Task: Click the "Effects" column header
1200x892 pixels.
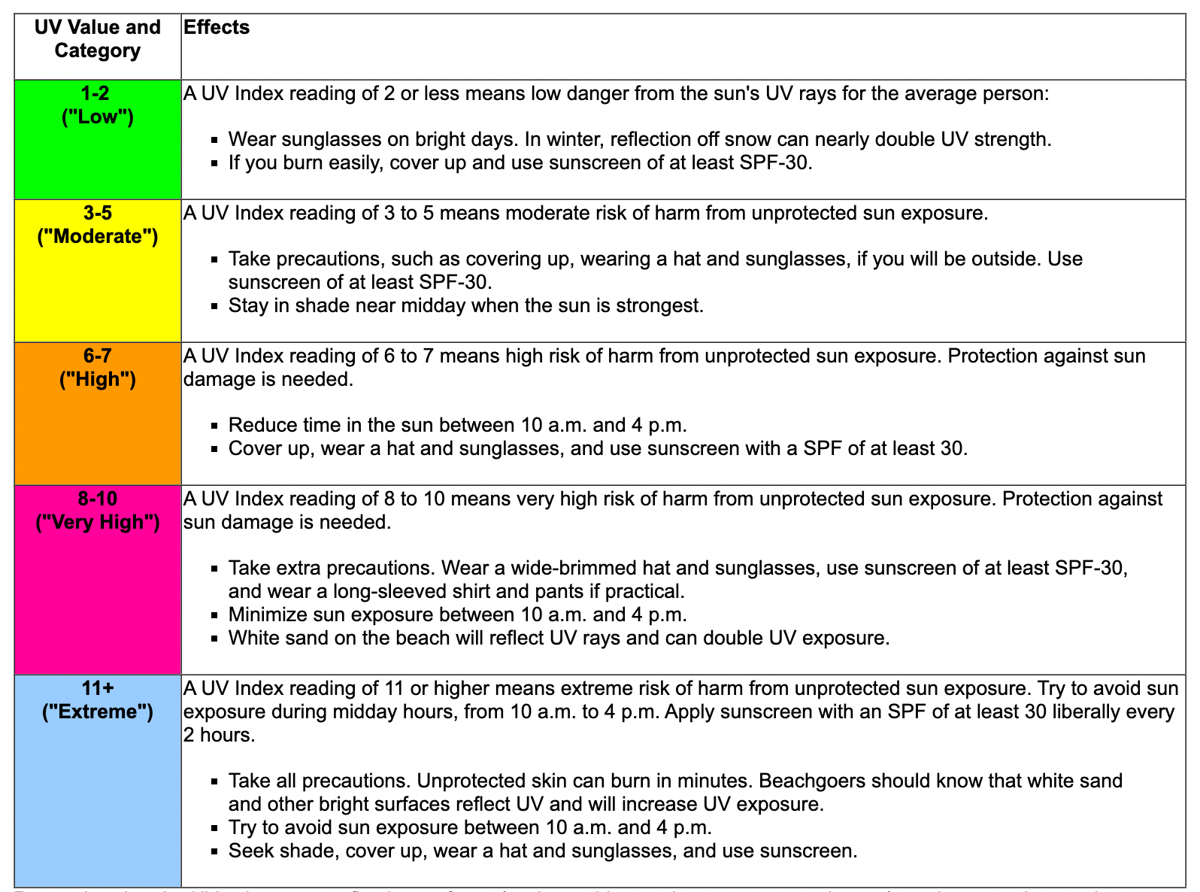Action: pyautogui.click(x=217, y=28)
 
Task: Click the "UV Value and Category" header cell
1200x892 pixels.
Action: pyautogui.click(x=98, y=39)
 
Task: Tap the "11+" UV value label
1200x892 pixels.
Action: pyautogui.click(x=98, y=688)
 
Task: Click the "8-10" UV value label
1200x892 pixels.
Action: pyautogui.click(x=98, y=499)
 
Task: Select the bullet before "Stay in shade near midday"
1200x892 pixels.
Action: pyautogui.click(x=214, y=307)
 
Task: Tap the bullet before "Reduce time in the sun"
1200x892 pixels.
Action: pyautogui.click(x=214, y=426)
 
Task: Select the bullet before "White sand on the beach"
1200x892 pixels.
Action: pyautogui.click(x=214, y=639)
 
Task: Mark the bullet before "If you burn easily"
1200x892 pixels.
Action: pyautogui.click(x=214, y=163)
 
